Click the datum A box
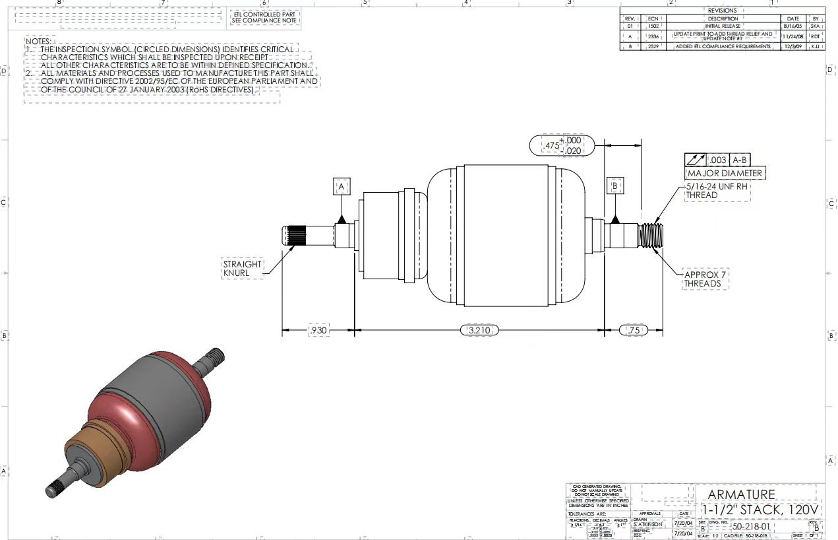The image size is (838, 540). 342,187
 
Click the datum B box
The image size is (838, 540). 614,186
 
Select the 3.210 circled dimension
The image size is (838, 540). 479,329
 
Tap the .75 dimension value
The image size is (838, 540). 634,329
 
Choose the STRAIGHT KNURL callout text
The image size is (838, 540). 243,269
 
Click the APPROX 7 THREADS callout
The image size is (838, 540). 707,279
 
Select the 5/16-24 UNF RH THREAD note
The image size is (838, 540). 717,191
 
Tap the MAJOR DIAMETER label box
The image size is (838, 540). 725,174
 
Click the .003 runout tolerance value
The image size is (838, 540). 718,160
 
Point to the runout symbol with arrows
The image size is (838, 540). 696,160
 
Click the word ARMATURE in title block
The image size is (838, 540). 741,494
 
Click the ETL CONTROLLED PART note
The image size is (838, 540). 265,17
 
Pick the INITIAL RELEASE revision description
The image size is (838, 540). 723,27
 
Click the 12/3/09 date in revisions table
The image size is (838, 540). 793,46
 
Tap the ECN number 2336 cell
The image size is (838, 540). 653,36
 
